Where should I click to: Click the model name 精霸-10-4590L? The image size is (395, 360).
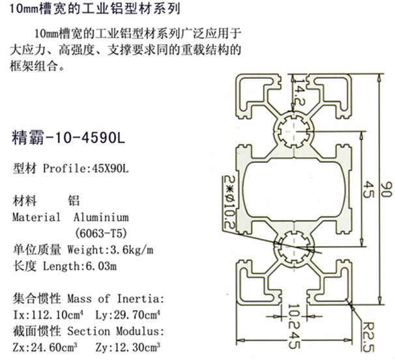(x=68, y=138)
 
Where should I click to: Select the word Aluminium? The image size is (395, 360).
(x=101, y=217)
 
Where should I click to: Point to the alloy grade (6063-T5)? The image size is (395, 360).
(x=101, y=233)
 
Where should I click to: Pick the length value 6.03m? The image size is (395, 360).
(x=101, y=266)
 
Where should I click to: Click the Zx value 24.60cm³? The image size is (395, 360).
(x=54, y=348)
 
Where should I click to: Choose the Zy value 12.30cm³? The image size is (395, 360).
(x=138, y=348)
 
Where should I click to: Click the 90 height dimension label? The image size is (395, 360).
(x=386, y=189)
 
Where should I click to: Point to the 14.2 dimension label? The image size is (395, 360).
(x=300, y=92)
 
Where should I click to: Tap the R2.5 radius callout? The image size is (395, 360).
(x=368, y=337)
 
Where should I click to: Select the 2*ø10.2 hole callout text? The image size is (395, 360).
(x=229, y=202)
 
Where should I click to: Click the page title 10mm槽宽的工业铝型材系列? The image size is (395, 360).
(x=95, y=9)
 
